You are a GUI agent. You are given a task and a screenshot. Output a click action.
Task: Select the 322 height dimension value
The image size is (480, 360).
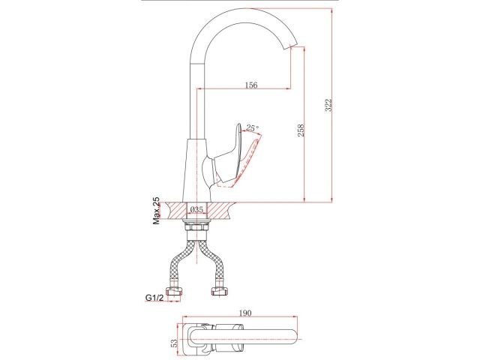[x=328, y=106]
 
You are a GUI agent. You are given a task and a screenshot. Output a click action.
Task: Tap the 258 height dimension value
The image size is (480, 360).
[x=301, y=129]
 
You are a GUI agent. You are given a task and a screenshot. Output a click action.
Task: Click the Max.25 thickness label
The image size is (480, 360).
[x=157, y=211]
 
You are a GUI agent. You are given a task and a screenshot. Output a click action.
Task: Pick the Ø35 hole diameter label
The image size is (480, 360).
[x=196, y=211]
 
